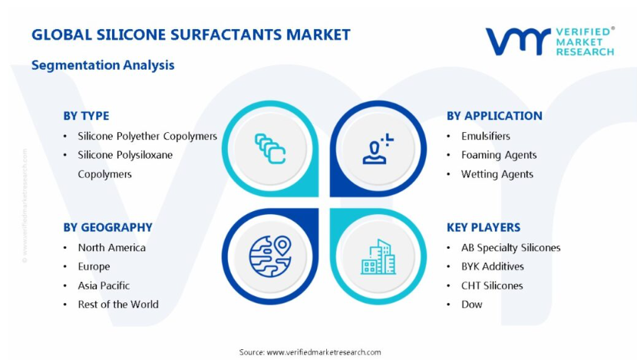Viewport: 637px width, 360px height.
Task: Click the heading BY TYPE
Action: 86,116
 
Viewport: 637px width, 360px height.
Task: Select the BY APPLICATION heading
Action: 494,116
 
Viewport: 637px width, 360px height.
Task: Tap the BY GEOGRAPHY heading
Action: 107,227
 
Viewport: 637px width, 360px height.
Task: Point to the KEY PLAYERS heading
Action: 484,227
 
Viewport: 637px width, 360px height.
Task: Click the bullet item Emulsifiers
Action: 486,136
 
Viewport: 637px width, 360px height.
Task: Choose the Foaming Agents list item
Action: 499,155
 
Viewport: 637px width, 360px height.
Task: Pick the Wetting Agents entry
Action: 497,174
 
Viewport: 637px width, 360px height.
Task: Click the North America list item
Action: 112,247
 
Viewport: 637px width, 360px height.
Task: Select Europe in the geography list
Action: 94,266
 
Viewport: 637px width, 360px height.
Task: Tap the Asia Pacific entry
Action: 104,286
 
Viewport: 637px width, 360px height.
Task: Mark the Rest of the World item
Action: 118,304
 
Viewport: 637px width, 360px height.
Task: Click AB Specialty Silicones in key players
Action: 510,247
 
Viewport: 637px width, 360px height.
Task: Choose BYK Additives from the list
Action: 493,266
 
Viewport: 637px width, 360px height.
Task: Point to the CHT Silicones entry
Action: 492,286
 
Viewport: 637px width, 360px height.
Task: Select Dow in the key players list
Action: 472,304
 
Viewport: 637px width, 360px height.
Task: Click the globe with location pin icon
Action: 270,256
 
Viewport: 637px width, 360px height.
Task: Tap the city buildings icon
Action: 378,257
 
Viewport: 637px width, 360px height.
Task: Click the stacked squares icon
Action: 270,149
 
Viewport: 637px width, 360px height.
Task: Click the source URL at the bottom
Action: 324,352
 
